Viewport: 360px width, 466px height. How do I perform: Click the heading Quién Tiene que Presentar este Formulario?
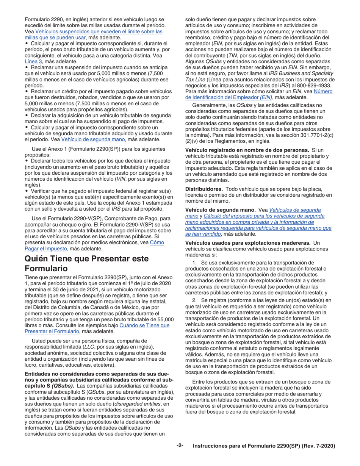86,263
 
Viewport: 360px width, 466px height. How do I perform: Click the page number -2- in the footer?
180,446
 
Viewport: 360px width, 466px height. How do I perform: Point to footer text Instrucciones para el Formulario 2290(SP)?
264,446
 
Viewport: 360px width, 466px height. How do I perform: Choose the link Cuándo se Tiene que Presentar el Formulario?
144,325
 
